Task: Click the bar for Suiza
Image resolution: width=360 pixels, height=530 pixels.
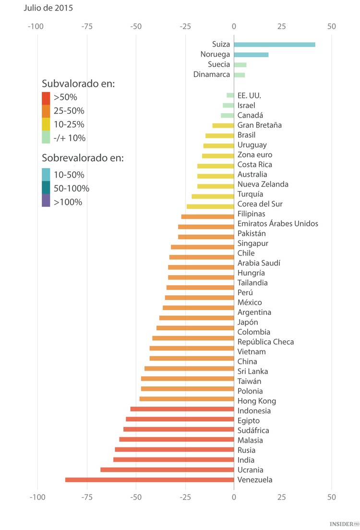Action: (275, 45)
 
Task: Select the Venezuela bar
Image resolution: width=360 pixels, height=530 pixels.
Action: (149, 480)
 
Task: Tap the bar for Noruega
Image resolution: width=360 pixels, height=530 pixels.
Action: (251, 55)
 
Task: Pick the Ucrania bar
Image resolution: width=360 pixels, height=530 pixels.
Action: (167, 470)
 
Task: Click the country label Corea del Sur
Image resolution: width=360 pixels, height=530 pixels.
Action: (260, 204)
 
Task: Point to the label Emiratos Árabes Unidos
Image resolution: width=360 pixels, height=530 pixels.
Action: (277, 224)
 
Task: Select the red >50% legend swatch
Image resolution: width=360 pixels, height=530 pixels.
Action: (46, 98)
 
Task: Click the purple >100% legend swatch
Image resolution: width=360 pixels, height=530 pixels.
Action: (46, 201)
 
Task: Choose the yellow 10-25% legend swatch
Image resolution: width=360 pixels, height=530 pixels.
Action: (46, 124)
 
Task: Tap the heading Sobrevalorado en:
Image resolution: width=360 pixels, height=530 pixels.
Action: (83, 158)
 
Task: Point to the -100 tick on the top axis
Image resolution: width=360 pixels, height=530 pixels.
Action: (37, 26)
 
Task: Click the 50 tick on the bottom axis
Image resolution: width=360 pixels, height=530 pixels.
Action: (332, 497)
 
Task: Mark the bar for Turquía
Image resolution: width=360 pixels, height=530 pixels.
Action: (213, 196)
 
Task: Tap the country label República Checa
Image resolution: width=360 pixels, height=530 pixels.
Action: (265, 342)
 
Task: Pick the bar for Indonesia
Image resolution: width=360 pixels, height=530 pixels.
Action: (182, 409)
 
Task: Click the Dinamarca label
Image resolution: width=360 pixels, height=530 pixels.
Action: (211, 74)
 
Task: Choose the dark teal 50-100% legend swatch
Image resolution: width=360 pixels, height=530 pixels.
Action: (46, 188)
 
